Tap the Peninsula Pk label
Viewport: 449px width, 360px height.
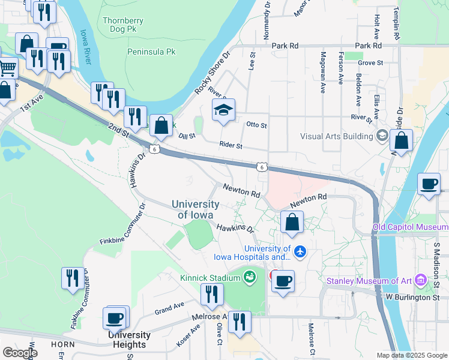[x=151, y=52]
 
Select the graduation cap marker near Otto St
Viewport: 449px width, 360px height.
[x=223, y=110]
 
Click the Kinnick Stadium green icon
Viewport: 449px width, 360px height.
[x=249, y=277]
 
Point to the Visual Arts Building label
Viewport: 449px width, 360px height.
[x=337, y=136]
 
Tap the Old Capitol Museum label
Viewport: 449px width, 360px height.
[x=410, y=227]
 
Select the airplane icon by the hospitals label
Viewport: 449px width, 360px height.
[x=300, y=252]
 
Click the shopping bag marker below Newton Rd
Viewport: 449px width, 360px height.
[x=292, y=222]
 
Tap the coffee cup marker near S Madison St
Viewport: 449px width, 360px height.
[x=429, y=184]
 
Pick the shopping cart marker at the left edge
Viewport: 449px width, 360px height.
[x=7, y=68]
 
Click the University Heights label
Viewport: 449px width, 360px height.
[x=129, y=340]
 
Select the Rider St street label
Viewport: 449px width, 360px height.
[x=231, y=145]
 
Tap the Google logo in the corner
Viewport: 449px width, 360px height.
[x=20, y=353]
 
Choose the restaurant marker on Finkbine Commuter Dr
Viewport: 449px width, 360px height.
[x=73, y=278]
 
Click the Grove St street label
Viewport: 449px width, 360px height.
[x=370, y=62]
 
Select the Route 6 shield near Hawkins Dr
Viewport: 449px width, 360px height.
[x=155, y=149]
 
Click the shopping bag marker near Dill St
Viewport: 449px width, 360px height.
[x=161, y=126]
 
